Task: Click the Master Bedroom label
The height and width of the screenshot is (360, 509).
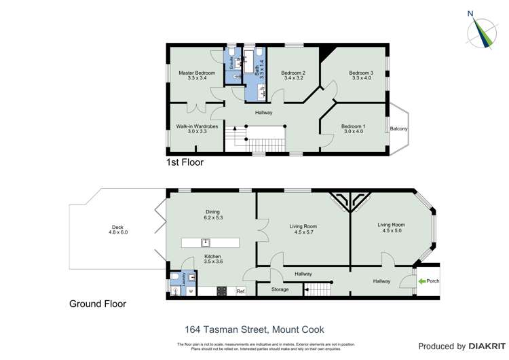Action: (197, 73)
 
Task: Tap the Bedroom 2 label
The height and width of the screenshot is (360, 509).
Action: (293, 73)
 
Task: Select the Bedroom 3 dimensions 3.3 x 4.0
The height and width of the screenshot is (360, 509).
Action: (361, 79)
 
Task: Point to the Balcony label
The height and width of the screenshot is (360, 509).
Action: (398, 129)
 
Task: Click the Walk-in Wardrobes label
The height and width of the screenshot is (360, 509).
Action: (196, 126)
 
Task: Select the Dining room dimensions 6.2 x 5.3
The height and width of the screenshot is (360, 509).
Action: (213, 218)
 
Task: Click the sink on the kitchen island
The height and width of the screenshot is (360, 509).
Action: (206, 242)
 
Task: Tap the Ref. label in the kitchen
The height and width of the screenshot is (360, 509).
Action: (240, 292)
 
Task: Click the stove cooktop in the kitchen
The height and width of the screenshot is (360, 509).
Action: (221, 291)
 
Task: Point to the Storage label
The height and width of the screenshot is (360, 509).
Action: (280, 289)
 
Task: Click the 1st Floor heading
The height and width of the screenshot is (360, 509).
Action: (185, 163)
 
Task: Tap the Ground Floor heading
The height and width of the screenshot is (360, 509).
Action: (97, 304)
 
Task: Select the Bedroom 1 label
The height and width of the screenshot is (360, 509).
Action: (353, 126)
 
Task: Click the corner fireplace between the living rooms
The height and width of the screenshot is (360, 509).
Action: (350, 200)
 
